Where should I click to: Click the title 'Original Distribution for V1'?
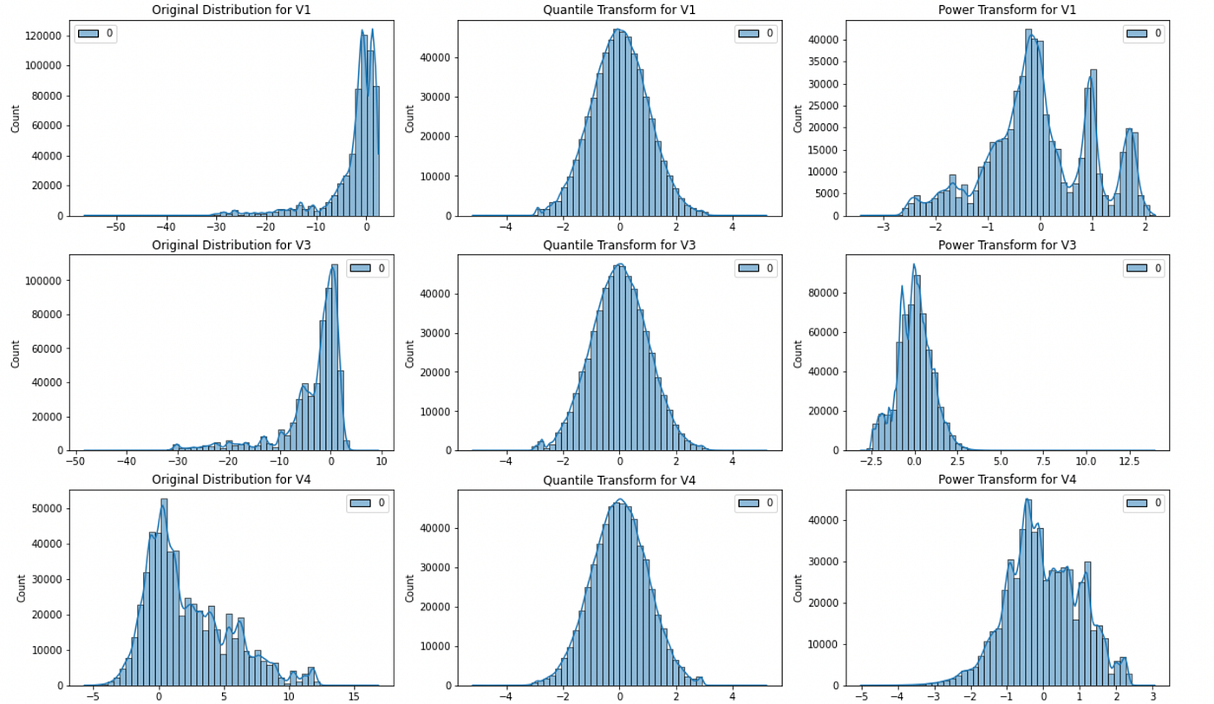pyautogui.click(x=231, y=10)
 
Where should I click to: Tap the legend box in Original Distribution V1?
pyautogui.click(x=96, y=34)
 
